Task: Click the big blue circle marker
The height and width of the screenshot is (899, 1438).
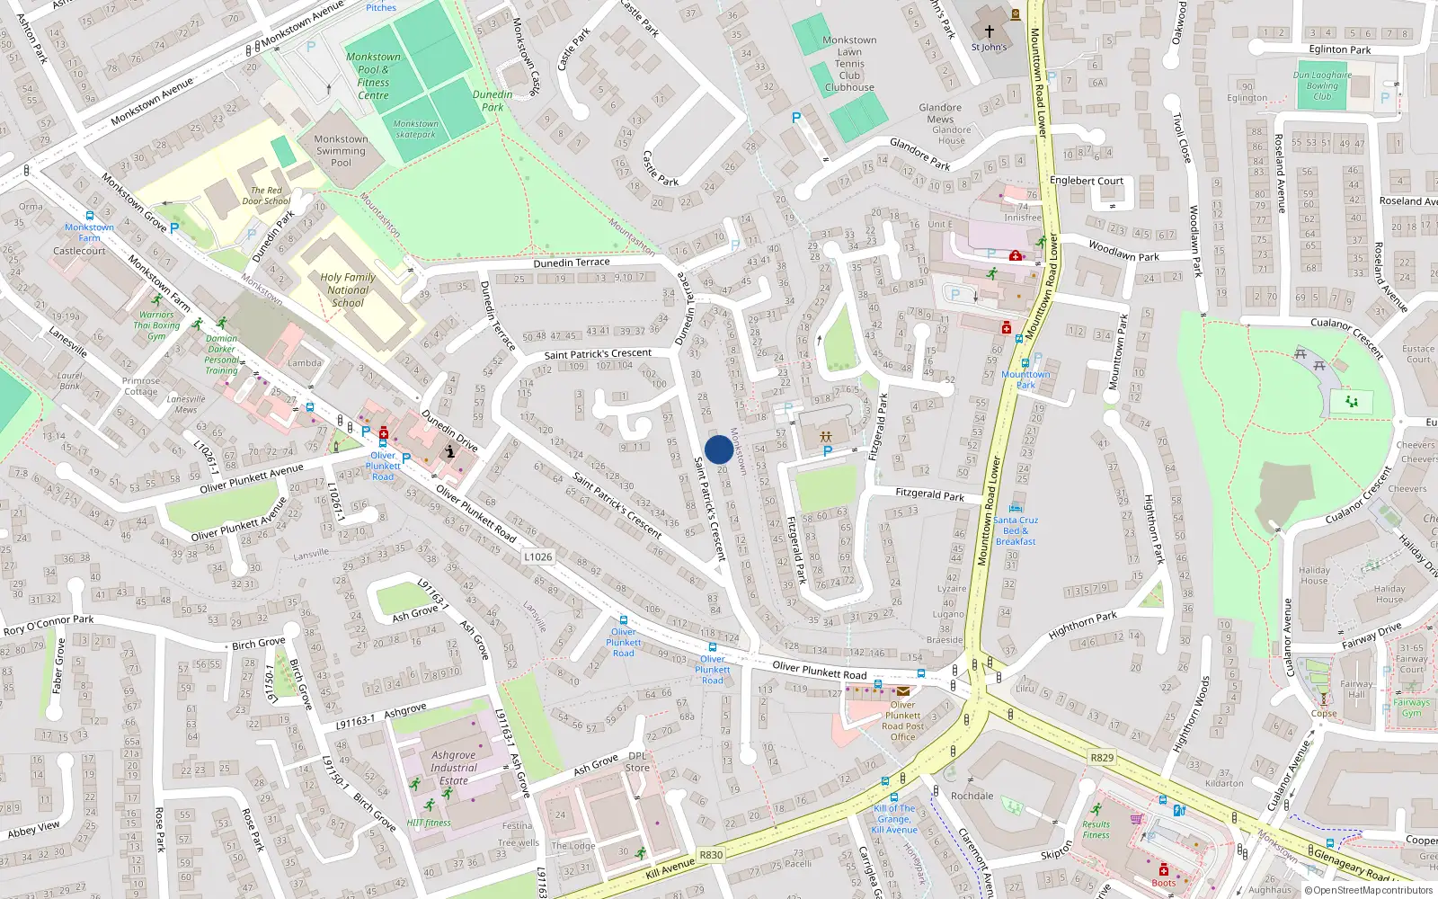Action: [718, 449]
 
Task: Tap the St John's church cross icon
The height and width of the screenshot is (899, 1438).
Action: [990, 31]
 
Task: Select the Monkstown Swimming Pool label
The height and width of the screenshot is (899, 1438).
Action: [341, 151]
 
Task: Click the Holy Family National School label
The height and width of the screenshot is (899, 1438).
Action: [348, 289]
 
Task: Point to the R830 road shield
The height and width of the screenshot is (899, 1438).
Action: [711, 855]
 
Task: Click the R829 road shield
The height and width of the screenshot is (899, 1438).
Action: [1102, 758]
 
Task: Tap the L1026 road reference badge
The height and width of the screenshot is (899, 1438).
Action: [537, 556]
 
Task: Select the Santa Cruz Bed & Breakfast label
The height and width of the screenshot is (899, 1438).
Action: [1016, 530]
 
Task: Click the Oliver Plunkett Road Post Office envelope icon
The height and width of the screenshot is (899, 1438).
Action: [901, 690]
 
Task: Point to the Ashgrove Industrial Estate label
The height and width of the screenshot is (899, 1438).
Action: [454, 768]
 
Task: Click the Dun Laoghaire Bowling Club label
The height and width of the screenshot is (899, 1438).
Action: [1322, 85]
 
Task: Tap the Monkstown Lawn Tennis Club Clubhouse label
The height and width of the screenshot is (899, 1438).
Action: [849, 64]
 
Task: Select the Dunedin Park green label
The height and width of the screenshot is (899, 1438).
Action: [493, 101]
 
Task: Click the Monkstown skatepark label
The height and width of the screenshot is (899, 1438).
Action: [415, 129]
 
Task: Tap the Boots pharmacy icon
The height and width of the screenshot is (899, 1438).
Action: [1163, 869]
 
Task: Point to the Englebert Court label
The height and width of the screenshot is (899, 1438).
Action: [1087, 181]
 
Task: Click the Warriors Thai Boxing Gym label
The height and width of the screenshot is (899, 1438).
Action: [156, 325]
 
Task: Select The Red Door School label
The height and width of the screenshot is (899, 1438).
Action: [266, 195]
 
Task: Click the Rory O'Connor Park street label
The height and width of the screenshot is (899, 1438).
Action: [49, 624]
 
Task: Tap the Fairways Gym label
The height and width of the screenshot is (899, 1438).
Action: [1411, 708]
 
